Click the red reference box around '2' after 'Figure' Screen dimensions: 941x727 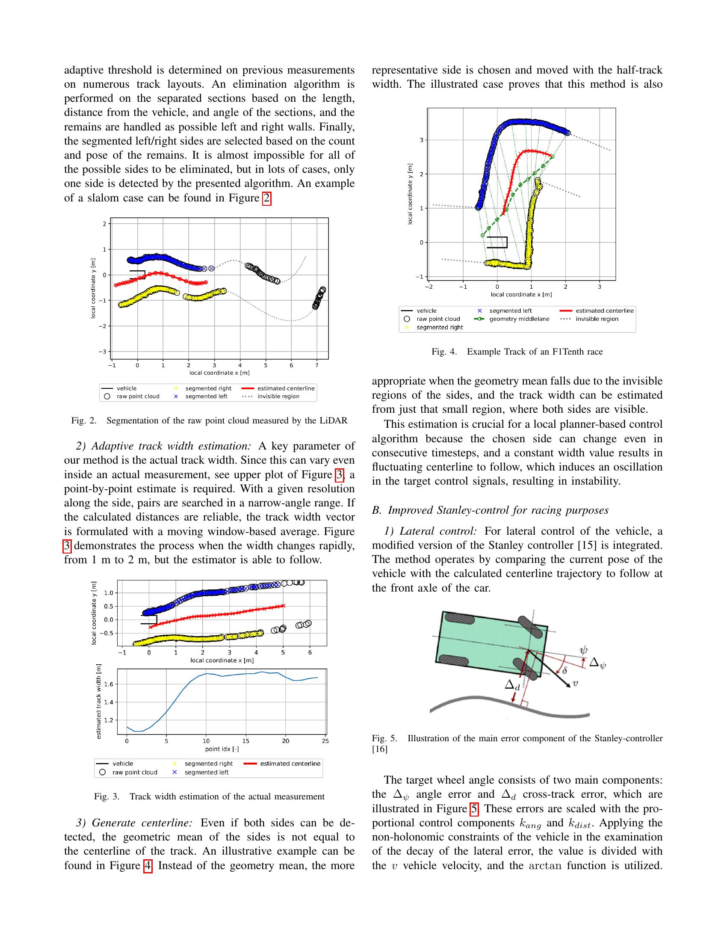pos(267,198)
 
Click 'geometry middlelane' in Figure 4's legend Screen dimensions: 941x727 pos(519,319)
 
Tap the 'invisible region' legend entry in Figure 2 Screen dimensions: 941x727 pos(278,397)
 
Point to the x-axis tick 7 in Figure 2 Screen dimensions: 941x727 pos(317,365)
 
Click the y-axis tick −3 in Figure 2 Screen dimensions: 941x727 pos(103,352)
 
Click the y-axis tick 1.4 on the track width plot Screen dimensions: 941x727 pos(109,702)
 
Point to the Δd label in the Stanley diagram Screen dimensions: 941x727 pos(512,685)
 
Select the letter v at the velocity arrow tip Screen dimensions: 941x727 pos(574,684)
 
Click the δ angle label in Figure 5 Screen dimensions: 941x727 pos(564,670)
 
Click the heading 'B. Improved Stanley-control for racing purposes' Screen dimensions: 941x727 pos(490,510)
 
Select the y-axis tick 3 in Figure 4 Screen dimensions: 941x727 pos(422,140)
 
